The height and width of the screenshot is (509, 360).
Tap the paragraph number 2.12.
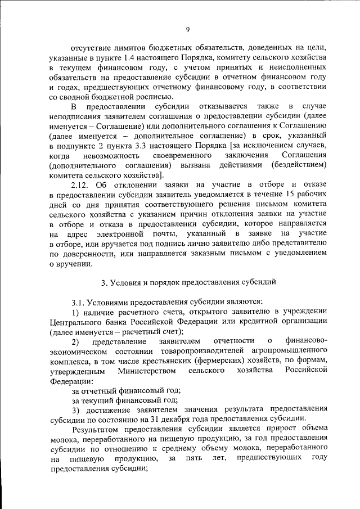pos(82,184)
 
